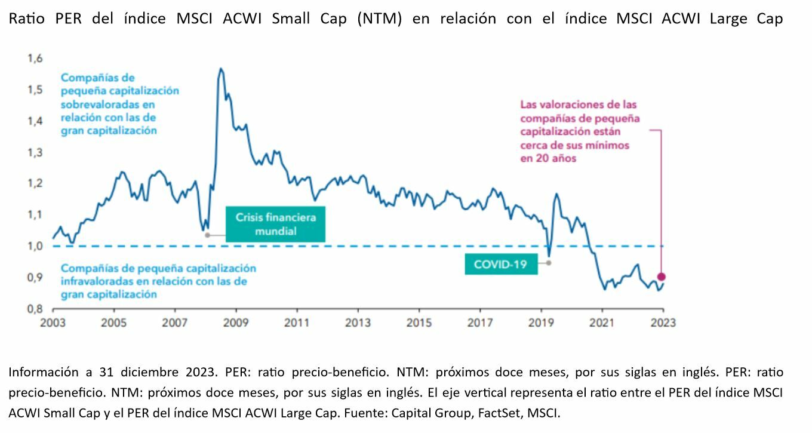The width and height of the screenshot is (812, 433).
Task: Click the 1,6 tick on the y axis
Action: click(35, 59)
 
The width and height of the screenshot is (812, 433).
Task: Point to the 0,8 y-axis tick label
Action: click(35, 309)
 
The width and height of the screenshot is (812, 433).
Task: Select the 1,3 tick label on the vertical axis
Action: click(35, 152)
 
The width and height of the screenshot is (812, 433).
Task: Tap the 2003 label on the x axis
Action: click(53, 323)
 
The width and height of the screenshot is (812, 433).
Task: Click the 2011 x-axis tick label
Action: click(297, 323)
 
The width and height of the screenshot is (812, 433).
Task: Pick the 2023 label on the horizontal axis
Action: click(662, 323)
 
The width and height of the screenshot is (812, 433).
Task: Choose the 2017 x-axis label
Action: click(479, 323)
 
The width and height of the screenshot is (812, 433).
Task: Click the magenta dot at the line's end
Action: click(661, 277)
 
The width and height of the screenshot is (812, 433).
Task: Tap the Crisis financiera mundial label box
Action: click(276, 224)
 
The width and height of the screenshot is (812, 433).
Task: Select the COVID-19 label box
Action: click(501, 263)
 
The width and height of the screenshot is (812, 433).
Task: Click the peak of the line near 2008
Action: click(221, 69)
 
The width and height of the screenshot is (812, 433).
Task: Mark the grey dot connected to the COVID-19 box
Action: click(549, 263)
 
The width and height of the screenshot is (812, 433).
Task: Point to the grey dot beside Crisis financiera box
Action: click(207, 235)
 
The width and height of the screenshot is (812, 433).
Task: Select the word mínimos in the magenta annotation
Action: click(606, 145)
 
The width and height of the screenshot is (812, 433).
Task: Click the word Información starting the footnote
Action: click(42, 372)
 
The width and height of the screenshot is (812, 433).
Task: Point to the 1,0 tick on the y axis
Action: click(35, 246)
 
